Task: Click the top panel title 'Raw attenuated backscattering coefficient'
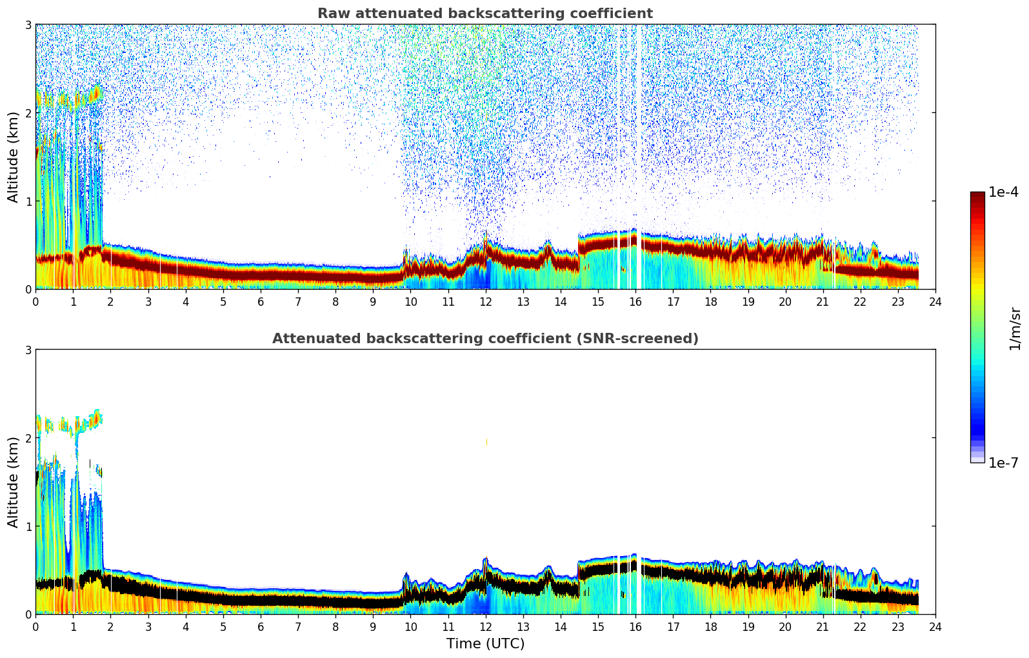[x=485, y=14]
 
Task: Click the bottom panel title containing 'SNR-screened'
[x=485, y=339]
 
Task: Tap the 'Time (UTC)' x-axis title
[x=485, y=644]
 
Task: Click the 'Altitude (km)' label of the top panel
[x=14, y=157]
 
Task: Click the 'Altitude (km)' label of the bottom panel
[x=14, y=482]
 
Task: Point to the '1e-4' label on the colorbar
[x=1003, y=192]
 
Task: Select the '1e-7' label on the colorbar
[x=1003, y=463]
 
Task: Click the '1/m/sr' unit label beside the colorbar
[x=1015, y=328]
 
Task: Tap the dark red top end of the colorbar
[x=977, y=195]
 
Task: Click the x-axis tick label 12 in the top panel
[x=485, y=301]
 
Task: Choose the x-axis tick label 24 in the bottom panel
[x=935, y=626]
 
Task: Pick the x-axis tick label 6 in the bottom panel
[x=261, y=626]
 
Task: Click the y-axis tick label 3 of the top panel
[x=28, y=25]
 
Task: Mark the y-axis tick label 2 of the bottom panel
[x=28, y=438]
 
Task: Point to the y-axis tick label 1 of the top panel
[x=28, y=201]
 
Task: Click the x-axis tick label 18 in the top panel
[x=710, y=301]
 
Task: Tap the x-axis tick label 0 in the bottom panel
[x=35, y=626]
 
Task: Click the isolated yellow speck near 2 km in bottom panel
[x=486, y=443]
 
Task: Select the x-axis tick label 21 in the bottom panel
[x=823, y=626]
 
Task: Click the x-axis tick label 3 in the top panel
[x=148, y=301]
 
